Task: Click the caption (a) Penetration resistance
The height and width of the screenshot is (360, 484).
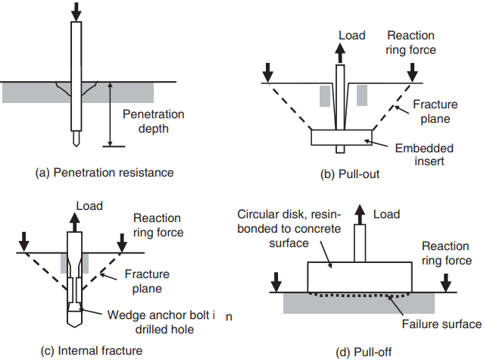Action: tap(105, 173)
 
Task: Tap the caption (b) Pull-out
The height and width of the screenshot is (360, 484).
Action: tap(350, 174)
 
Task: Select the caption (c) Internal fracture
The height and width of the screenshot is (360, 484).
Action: tap(92, 351)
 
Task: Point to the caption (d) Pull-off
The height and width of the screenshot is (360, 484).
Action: tap(364, 352)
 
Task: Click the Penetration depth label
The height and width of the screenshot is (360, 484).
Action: tap(154, 121)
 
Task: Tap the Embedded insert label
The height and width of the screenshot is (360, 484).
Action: tap(424, 155)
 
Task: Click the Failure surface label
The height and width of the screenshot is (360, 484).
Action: tap(442, 324)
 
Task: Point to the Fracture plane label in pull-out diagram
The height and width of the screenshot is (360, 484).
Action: tap(436, 111)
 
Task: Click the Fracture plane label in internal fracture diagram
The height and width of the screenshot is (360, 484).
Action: tap(147, 281)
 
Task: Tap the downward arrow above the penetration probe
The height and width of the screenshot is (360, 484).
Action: tap(77, 11)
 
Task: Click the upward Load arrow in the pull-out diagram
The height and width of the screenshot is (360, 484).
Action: tap(340, 53)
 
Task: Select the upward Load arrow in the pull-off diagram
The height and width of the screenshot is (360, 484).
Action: tap(360, 214)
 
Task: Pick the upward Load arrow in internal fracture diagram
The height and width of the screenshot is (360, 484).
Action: tap(74, 222)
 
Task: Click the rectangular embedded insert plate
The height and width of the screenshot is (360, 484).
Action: tap(342, 137)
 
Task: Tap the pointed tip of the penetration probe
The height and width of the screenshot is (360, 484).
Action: tap(76, 146)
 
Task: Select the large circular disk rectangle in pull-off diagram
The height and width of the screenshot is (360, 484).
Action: tap(360, 277)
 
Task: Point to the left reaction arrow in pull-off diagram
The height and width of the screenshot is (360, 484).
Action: tap(276, 282)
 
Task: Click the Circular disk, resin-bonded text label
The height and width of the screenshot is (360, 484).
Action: tap(289, 228)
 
